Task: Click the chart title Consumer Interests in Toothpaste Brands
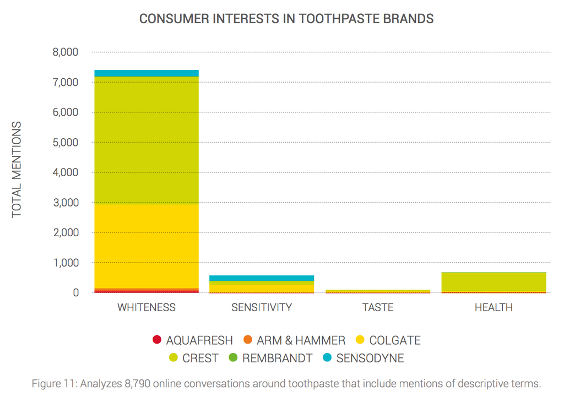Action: pyautogui.click(x=286, y=19)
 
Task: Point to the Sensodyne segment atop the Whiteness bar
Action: pyautogui.click(x=146, y=73)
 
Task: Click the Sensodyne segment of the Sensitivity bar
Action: pyautogui.click(x=262, y=278)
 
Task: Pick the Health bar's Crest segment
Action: pyautogui.click(x=493, y=281)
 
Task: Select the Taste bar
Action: pyautogui.click(x=378, y=291)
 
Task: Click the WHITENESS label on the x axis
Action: pyautogui.click(x=146, y=307)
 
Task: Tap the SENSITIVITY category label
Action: pyautogui.click(x=262, y=307)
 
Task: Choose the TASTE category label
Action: pyautogui.click(x=378, y=307)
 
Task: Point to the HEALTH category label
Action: pyautogui.click(x=493, y=307)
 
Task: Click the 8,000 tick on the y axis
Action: pyautogui.click(x=65, y=52)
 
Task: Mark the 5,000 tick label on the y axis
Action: pyautogui.click(x=65, y=143)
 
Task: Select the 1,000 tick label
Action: pyautogui.click(x=65, y=263)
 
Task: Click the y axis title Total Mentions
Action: pyautogui.click(x=17, y=169)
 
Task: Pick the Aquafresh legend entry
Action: pyautogui.click(x=193, y=340)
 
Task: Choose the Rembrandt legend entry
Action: pyautogui.click(x=270, y=358)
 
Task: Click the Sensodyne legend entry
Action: pyautogui.click(x=364, y=358)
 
